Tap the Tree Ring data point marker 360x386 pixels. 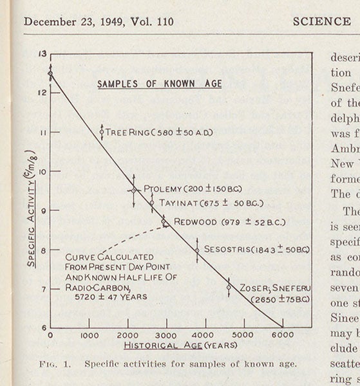102,132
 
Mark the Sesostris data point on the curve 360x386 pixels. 196,250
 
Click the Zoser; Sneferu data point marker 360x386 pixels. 229,287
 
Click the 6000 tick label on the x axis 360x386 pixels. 281,335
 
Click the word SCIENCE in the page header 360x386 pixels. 321,21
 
